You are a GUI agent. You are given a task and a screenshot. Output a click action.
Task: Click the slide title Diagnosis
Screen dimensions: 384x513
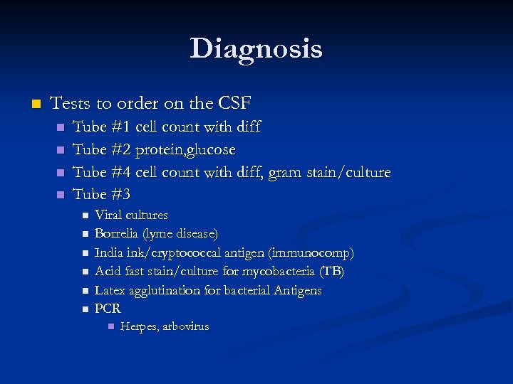256,48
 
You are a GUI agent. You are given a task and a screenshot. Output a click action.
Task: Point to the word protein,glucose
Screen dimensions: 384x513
185,150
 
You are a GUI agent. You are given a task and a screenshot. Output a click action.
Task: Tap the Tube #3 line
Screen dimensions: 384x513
102,194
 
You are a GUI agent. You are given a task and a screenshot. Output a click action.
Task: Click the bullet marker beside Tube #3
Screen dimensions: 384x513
61,195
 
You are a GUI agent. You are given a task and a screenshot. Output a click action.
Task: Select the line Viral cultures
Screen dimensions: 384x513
131,215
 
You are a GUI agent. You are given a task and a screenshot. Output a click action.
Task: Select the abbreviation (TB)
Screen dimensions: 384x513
331,271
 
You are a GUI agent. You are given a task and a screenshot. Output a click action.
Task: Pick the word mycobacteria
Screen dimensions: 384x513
279,271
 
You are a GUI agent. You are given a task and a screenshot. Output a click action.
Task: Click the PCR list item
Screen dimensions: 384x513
108,309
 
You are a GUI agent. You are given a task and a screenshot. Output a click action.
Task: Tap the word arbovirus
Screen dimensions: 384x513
185,326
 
